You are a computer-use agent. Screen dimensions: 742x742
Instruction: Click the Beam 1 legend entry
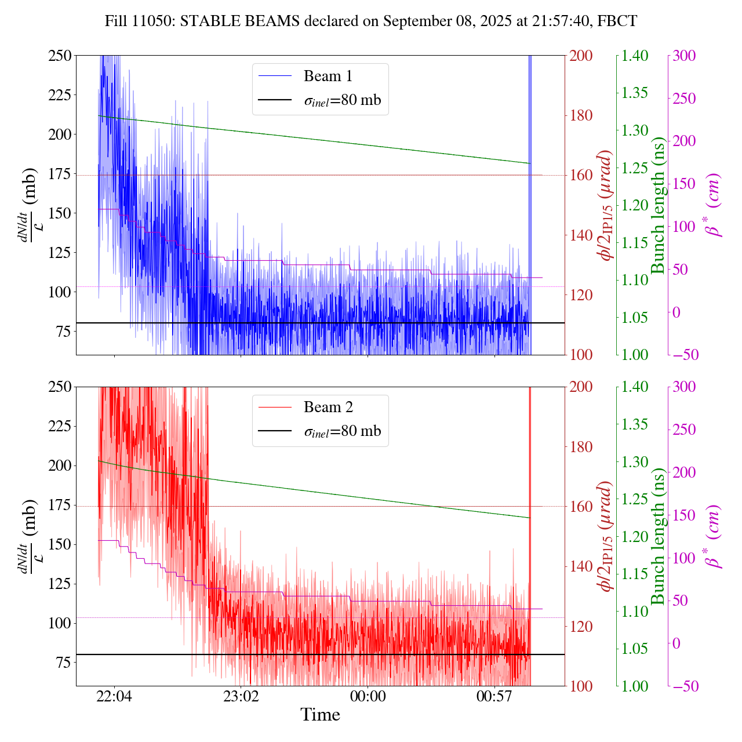(x=328, y=76)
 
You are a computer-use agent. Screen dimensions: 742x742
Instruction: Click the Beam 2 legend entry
(x=328, y=408)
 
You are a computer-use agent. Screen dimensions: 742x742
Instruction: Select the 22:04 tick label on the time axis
(x=114, y=696)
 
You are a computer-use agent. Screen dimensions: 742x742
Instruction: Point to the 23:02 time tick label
(x=241, y=696)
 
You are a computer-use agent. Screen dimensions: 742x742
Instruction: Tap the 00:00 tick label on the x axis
(x=368, y=696)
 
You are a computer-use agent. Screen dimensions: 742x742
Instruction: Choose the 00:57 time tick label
(x=494, y=696)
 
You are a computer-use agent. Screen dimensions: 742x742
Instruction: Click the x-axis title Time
(x=320, y=715)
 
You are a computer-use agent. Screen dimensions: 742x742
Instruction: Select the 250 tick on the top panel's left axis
(x=60, y=56)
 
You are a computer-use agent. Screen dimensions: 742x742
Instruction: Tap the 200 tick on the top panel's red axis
(x=582, y=56)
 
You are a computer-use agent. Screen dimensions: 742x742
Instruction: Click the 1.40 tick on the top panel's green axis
(x=636, y=56)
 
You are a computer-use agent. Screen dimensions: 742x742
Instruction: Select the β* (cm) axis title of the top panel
(x=714, y=205)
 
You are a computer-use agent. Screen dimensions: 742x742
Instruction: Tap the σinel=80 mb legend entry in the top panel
(x=342, y=100)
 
